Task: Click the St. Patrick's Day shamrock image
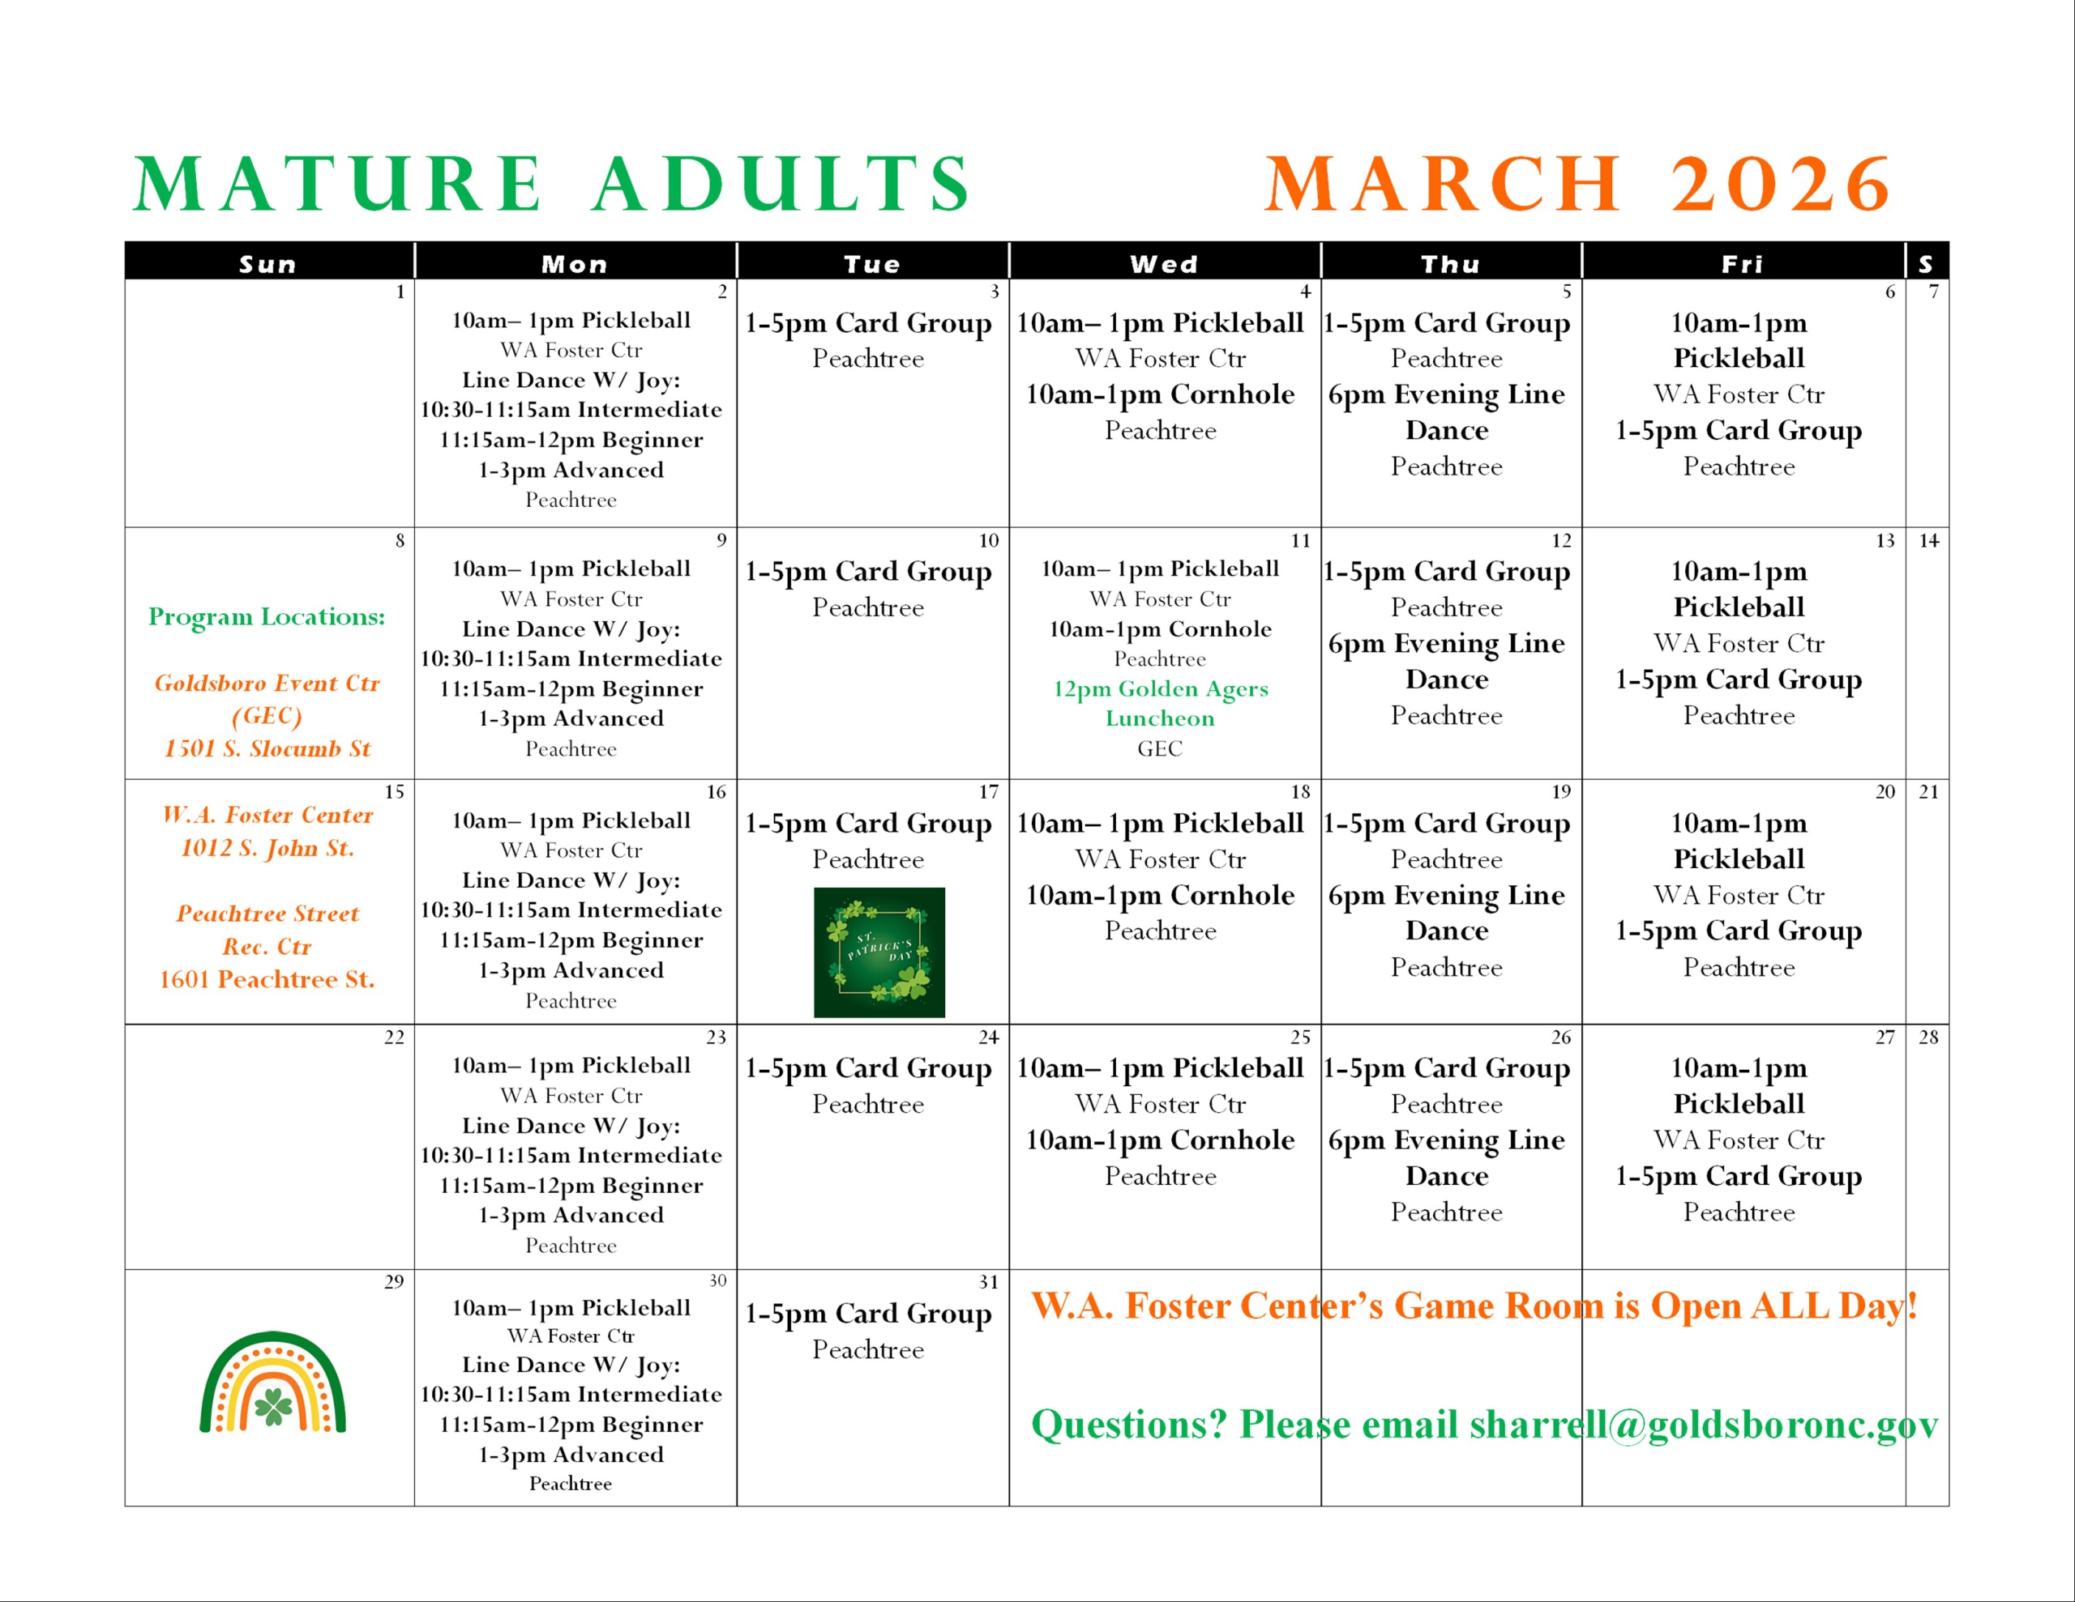879,952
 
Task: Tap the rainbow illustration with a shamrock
272,1381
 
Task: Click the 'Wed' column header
1164,264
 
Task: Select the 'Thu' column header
1450,264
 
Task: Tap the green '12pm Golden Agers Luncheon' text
1160,703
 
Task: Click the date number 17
988,791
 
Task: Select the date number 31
988,1282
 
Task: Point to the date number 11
1300,540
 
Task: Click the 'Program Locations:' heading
267,616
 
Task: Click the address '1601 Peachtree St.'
267,979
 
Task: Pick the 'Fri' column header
1743,264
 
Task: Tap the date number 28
1927,1037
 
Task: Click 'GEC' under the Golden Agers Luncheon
1160,748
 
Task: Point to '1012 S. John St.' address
267,848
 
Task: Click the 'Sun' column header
268,264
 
